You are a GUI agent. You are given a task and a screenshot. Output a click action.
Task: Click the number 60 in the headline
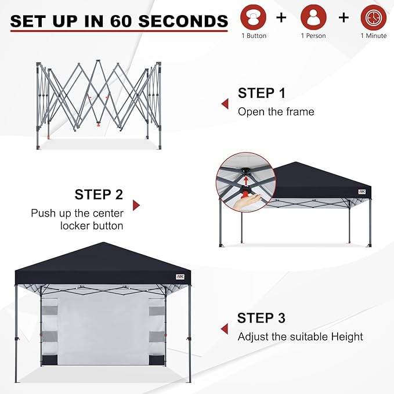pyautogui.click(x=121, y=21)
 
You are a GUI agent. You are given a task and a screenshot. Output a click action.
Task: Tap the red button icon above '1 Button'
pyautogui.click(x=253, y=17)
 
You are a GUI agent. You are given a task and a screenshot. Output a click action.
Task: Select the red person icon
pyautogui.click(x=313, y=17)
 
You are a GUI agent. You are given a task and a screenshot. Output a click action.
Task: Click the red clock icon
pyautogui.click(x=373, y=17)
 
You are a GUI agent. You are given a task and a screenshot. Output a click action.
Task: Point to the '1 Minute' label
pyautogui.click(x=373, y=36)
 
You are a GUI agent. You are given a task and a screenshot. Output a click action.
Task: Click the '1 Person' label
pyautogui.click(x=313, y=36)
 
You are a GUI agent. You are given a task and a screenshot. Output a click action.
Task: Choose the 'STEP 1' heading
pyautogui.click(x=262, y=93)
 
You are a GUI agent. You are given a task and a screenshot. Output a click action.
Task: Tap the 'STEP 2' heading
pyautogui.click(x=99, y=194)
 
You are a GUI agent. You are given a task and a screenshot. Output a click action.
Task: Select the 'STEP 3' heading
pyautogui.click(x=261, y=318)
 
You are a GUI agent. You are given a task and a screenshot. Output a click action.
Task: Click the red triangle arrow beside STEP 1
pyautogui.click(x=225, y=104)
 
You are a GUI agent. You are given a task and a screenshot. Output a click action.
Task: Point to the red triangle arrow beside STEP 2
pyautogui.click(x=136, y=205)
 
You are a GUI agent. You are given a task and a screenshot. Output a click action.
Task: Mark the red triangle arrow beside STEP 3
pyautogui.click(x=225, y=329)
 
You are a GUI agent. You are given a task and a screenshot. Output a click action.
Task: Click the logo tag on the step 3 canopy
pyautogui.click(x=180, y=277)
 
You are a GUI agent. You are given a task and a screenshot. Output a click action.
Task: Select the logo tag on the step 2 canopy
pyautogui.click(x=362, y=191)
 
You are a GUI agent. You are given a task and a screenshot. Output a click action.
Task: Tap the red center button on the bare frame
pyautogui.click(x=98, y=124)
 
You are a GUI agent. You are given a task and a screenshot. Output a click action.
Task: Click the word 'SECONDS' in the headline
pyautogui.click(x=183, y=21)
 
